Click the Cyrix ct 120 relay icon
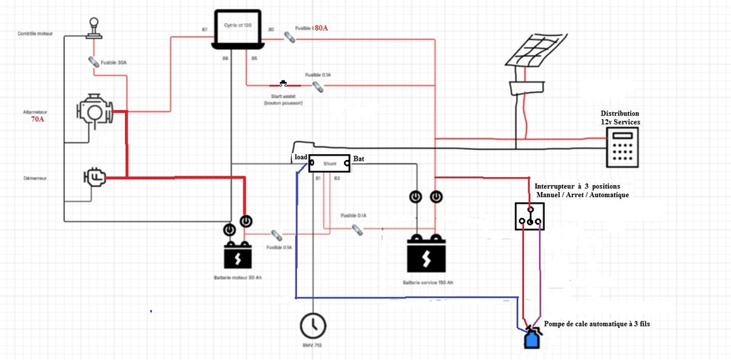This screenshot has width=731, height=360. coord(239,29)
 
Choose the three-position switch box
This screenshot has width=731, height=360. coord(529,216)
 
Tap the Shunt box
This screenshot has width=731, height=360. coord(329,164)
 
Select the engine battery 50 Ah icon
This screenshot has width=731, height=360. coord(238,254)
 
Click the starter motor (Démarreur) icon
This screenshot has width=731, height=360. coord(94,178)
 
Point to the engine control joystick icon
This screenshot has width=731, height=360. coord(93,29)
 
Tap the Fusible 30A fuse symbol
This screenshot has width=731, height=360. coord(93,62)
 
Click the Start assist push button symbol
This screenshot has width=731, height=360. coord(283,84)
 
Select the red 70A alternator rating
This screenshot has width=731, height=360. coord(37,119)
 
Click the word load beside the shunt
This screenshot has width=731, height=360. coord(301,157)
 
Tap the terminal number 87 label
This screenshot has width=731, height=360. coord(205,29)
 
